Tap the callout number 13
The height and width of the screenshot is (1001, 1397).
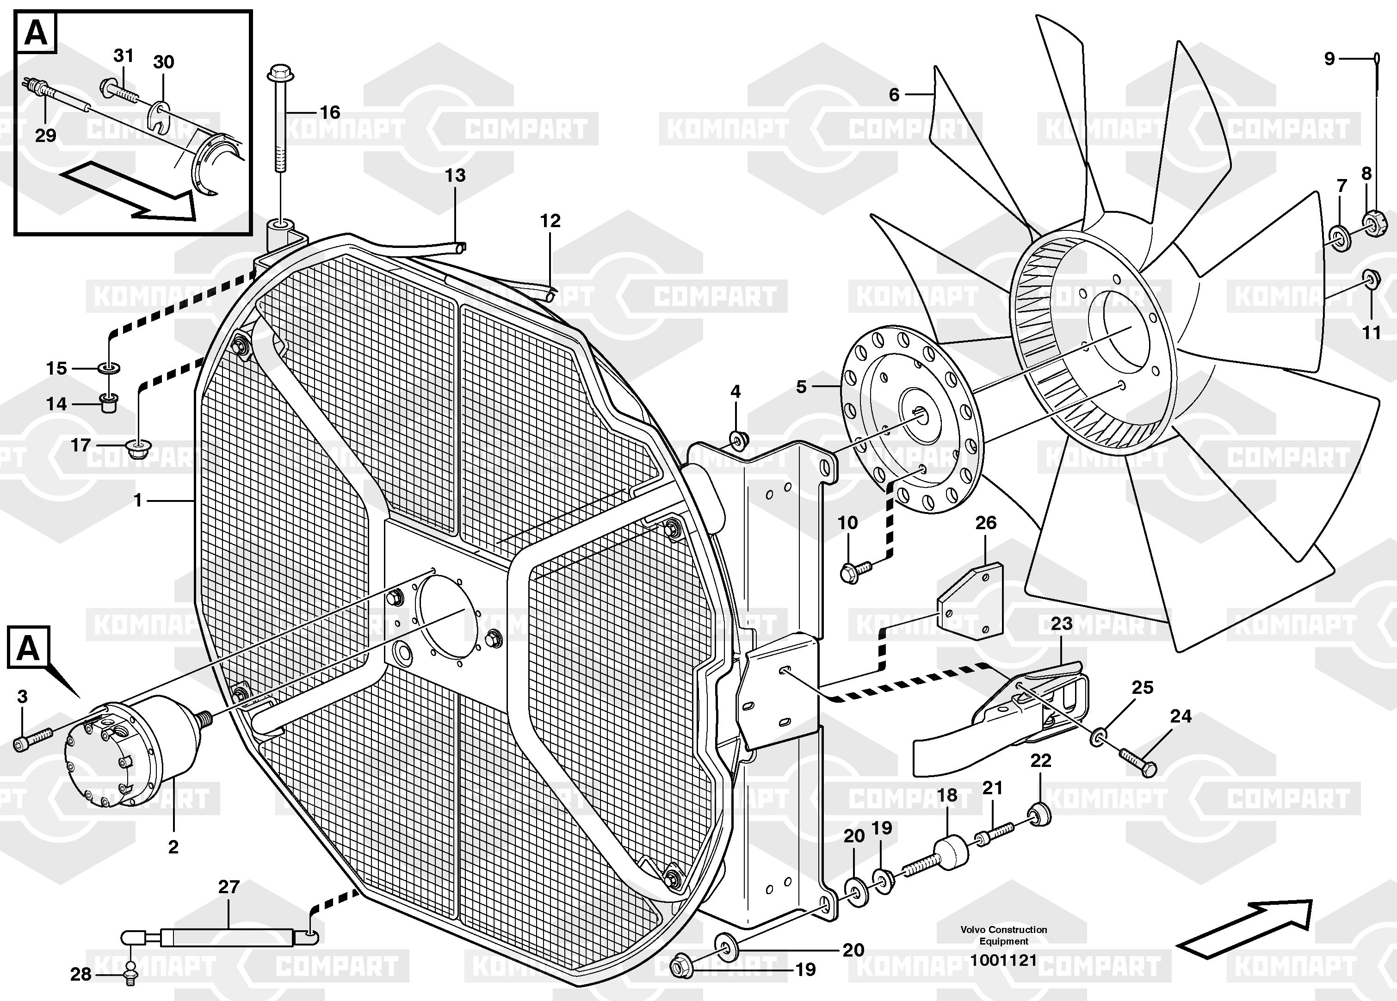[455, 176]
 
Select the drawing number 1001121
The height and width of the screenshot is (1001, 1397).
[1003, 960]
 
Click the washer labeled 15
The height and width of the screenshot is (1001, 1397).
[109, 368]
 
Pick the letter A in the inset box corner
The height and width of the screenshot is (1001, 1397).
[35, 33]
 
